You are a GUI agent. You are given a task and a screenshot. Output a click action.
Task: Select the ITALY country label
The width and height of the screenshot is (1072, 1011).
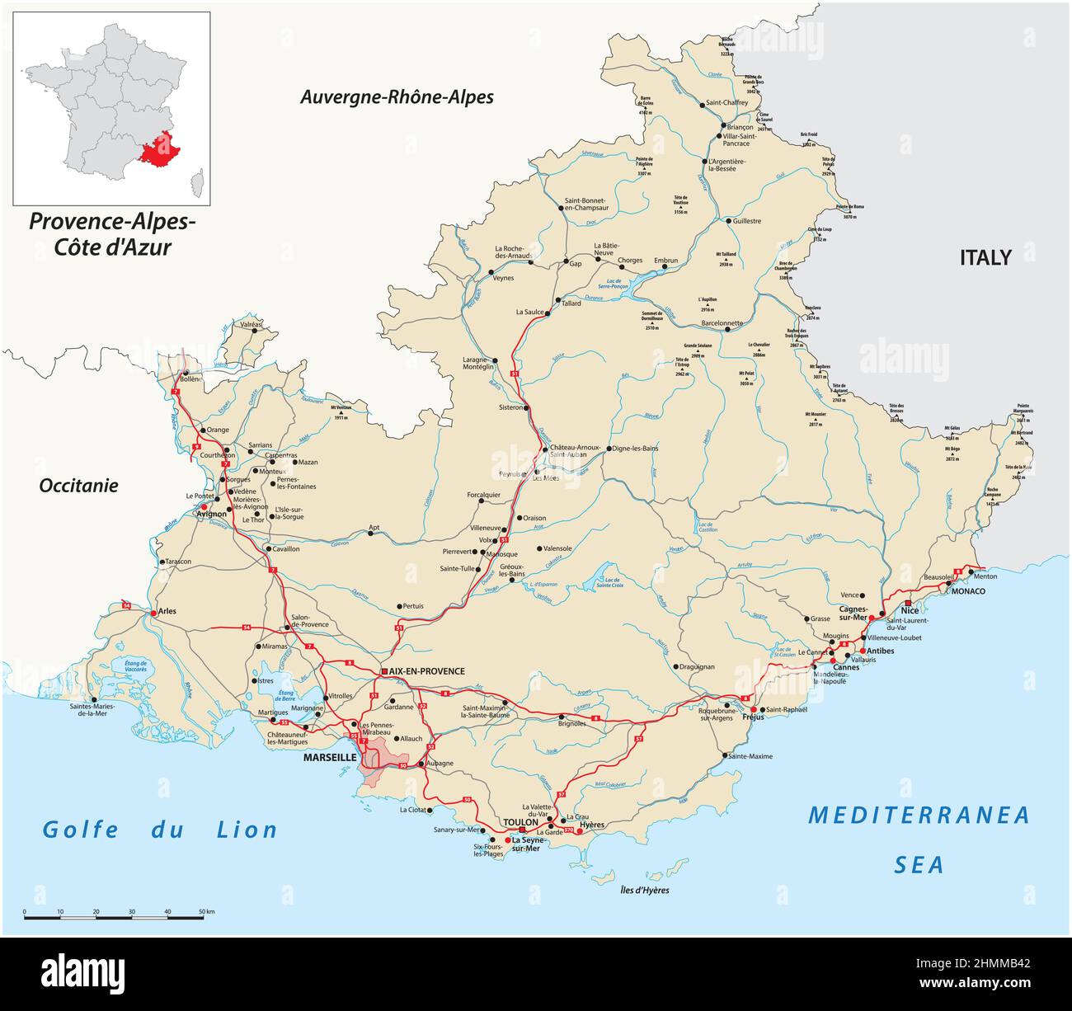pyautogui.click(x=985, y=257)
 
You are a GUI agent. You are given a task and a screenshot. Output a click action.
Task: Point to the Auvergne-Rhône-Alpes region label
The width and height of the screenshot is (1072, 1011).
pyautogui.click(x=397, y=97)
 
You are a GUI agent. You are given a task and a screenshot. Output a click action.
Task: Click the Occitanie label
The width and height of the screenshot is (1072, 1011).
pyautogui.click(x=78, y=486)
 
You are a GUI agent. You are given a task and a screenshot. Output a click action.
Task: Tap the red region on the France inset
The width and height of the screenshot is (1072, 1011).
pyautogui.click(x=162, y=148)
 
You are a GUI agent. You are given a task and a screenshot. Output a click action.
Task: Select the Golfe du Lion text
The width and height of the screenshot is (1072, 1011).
pyautogui.click(x=161, y=830)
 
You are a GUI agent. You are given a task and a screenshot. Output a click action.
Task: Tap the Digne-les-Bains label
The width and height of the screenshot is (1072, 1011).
pyautogui.click(x=636, y=449)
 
